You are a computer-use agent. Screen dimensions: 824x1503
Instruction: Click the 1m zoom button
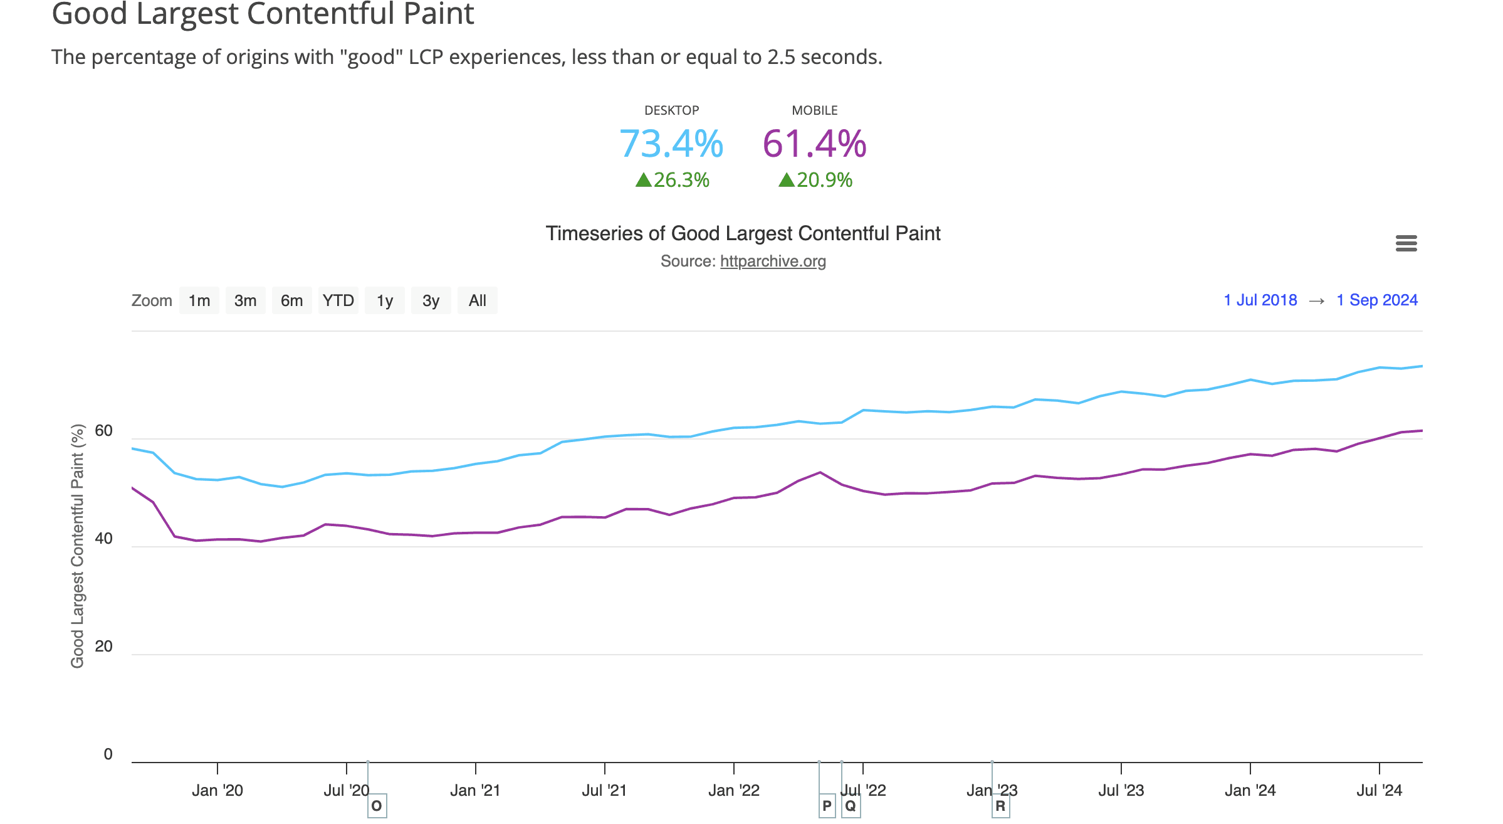tap(199, 301)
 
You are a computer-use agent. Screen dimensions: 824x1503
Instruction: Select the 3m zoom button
tap(245, 301)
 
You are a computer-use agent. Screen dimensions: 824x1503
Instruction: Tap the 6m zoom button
tap(291, 301)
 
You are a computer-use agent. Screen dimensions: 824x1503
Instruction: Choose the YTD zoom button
tap(338, 301)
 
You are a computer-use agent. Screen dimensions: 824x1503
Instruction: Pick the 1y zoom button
tap(385, 301)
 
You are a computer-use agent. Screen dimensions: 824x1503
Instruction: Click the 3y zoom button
tap(431, 301)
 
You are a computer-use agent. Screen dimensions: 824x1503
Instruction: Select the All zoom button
tap(478, 301)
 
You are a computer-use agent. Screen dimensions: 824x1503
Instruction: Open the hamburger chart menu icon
tap(1406, 243)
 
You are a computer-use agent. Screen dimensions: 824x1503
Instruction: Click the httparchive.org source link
tap(773, 261)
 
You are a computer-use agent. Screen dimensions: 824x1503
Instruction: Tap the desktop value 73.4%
tap(671, 144)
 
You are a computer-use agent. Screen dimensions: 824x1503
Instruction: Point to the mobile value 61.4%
tap(814, 144)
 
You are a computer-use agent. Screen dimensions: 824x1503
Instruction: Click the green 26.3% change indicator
tap(672, 181)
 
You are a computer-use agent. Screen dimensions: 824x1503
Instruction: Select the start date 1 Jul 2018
tap(1260, 300)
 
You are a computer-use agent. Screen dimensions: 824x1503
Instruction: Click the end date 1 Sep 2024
tap(1377, 300)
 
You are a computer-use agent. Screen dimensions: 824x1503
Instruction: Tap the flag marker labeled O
tap(377, 806)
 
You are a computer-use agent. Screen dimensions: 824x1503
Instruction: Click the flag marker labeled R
tap(1000, 806)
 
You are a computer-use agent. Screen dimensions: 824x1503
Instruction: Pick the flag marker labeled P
tap(827, 806)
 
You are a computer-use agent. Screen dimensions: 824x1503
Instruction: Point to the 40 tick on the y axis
tap(104, 539)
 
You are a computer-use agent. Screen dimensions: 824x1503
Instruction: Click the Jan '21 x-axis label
tap(475, 791)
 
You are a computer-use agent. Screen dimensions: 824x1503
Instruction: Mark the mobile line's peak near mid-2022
tap(820, 472)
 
